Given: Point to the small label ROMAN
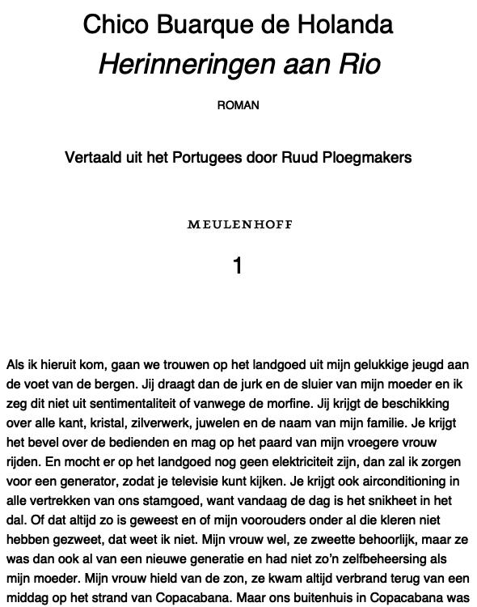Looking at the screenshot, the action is [238, 105].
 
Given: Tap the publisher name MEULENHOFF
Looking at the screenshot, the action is [239, 224].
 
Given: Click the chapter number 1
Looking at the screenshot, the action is [238, 265].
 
